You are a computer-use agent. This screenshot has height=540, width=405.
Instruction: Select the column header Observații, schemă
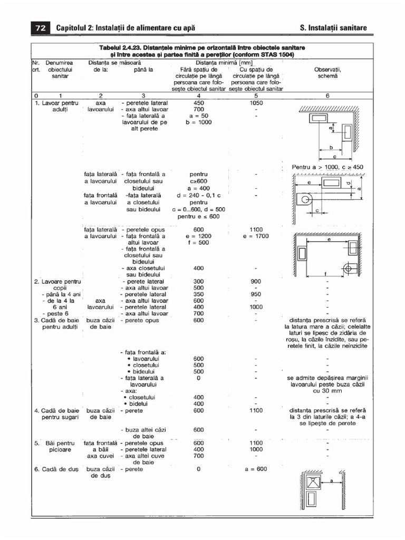click(x=327, y=73)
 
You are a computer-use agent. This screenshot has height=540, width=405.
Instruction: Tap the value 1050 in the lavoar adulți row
click(x=256, y=103)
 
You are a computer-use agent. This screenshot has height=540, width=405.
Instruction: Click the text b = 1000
click(x=198, y=122)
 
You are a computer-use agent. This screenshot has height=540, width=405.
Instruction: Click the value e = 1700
click(x=256, y=236)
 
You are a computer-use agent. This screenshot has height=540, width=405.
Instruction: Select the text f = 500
click(x=198, y=243)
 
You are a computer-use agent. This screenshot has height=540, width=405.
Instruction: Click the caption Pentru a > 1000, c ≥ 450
click(x=327, y=167)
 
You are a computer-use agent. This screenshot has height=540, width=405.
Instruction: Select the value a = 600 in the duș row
click(x=256, y=469)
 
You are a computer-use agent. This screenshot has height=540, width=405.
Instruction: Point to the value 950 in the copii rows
click(x=256, y=294)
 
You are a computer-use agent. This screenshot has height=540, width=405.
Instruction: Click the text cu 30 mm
click(x=327, y=391)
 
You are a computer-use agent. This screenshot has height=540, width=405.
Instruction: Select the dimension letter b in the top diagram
click(x=331, y=148)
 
